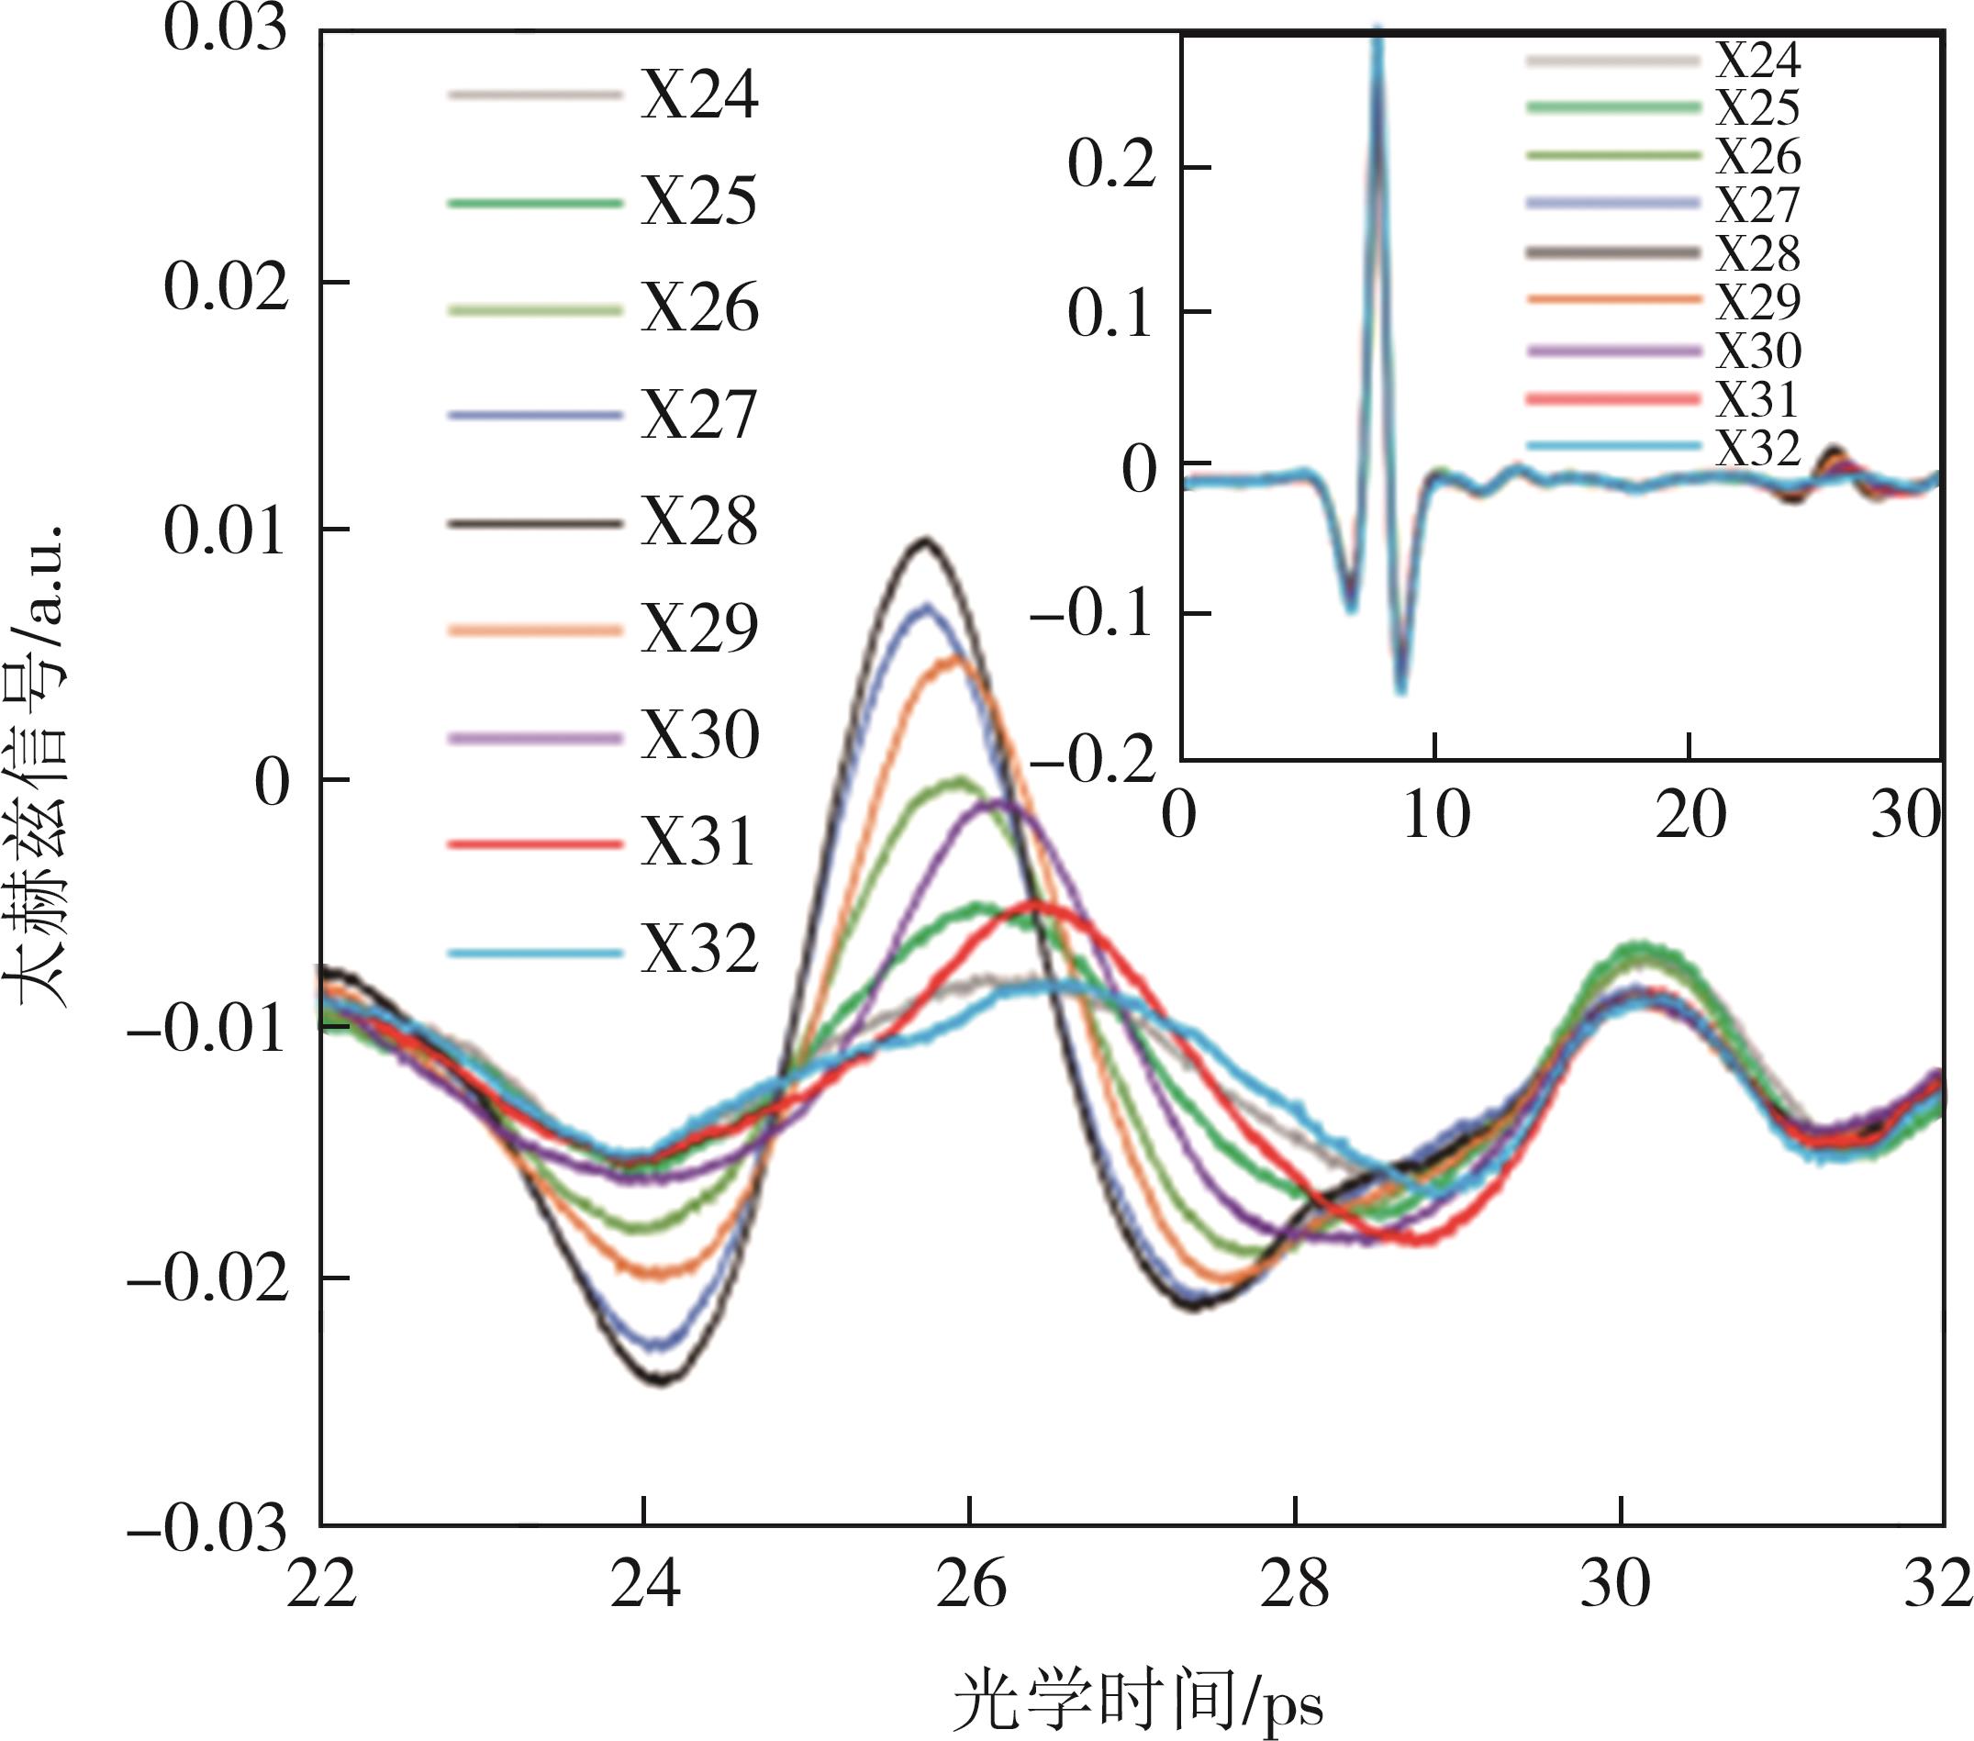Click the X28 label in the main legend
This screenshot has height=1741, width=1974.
[699, 523]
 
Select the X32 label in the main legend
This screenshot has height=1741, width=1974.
[699, 951]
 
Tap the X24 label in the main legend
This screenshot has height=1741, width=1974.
[699, 95]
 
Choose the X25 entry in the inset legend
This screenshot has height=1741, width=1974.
[1757, 108]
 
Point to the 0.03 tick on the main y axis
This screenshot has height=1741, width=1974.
[226, 29]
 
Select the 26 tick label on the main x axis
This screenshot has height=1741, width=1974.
[970, 1587]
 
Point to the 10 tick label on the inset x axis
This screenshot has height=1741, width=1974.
[1435, 816]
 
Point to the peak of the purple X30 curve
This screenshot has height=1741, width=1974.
[999, 803]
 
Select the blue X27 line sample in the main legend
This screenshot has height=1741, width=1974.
[534, 416]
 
